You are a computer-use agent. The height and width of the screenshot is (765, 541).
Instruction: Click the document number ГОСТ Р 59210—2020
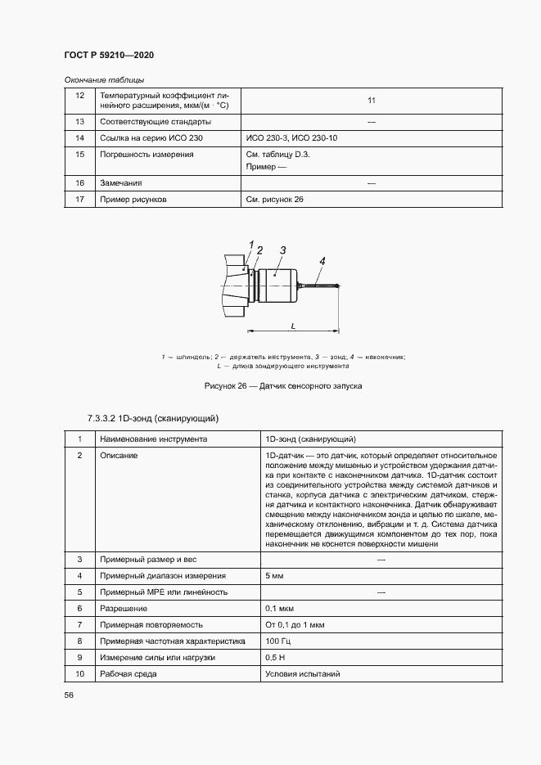109,55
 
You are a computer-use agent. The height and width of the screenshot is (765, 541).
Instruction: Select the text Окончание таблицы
104,80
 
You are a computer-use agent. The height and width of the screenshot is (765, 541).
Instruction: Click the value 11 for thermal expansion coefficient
371,101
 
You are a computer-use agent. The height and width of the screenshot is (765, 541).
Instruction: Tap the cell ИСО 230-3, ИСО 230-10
291,138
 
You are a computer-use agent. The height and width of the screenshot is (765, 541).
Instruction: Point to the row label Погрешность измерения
147,154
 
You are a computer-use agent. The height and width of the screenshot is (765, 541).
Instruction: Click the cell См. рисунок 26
274,199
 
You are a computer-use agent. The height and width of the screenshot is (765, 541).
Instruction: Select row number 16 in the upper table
79,183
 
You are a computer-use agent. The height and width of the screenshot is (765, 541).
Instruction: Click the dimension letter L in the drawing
293,326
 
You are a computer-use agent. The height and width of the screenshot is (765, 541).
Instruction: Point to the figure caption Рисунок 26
270,385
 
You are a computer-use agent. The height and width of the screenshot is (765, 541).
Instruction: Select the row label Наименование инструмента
153,439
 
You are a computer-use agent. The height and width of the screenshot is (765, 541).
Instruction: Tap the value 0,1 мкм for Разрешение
280,609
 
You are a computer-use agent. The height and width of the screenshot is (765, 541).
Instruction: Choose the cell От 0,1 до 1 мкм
295,625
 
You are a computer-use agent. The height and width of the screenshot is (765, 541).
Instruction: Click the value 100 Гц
278,641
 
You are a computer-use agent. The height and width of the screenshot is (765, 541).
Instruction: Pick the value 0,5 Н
276,658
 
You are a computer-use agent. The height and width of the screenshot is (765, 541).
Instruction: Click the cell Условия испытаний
302,674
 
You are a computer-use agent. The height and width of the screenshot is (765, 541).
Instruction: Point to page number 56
69,695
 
